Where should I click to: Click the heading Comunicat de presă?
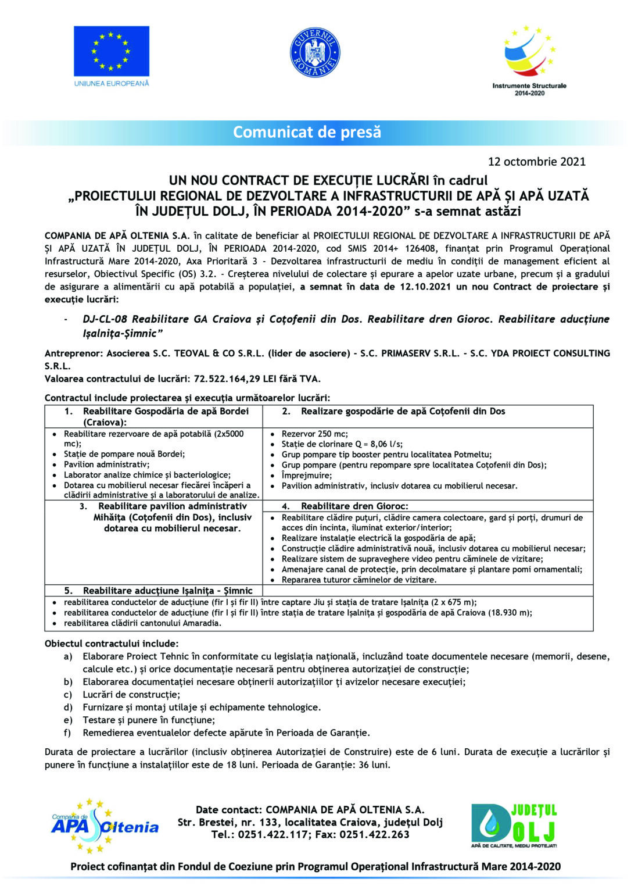[x=307, y=132]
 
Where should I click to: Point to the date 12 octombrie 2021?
[x=536, y=162]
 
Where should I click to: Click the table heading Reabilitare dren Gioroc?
[x=354, y=506]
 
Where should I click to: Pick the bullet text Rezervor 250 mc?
[x=315, y=434]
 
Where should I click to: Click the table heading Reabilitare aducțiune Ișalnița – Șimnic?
[x=168, y=591]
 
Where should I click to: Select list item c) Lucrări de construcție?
[x=131, y=694]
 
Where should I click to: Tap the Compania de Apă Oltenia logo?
[x=105, y=826]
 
